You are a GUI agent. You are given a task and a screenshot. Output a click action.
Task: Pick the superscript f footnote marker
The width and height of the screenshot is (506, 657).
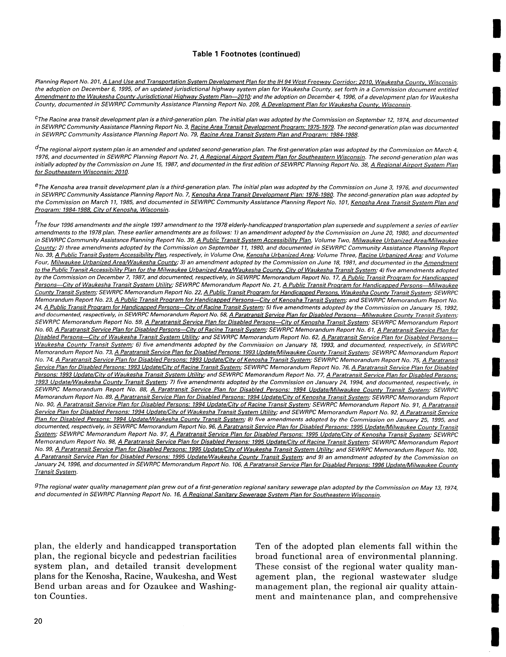tap(36, 223)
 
